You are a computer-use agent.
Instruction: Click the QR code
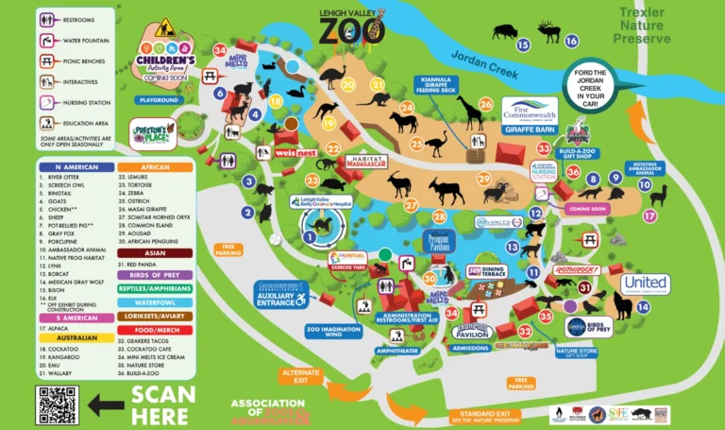coord(58,404)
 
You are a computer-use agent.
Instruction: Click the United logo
coord(645,283)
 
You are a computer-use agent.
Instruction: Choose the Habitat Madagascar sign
coord(368,162)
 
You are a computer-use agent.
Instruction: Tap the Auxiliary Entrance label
coord(280,294)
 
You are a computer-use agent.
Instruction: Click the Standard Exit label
coord(484,416)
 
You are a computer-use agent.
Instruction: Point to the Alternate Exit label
coord(301,375)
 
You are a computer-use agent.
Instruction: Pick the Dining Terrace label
coord(492,271)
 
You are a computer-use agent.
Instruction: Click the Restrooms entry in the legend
coord(76,18)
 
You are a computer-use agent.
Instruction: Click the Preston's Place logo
coord(153,134)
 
